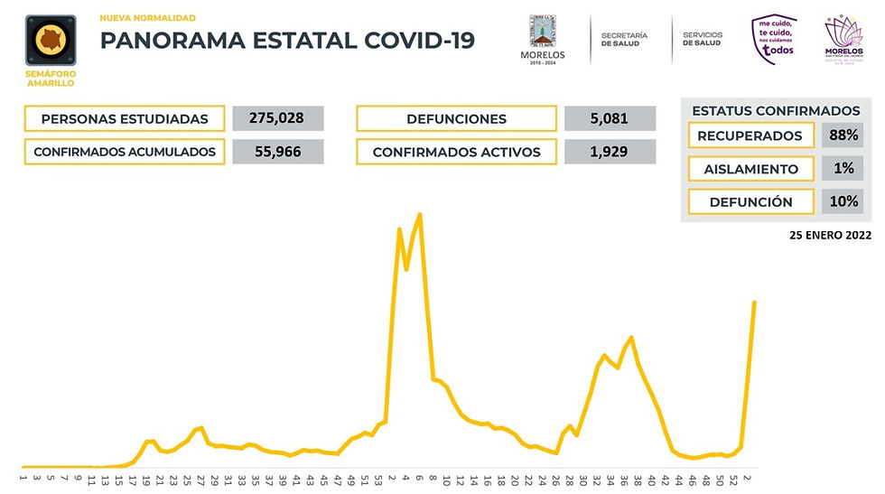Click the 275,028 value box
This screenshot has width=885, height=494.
(x=278, y=118)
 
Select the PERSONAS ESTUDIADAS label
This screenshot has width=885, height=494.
(x=125, y=119)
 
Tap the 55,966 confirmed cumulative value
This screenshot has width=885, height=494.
(x=278, y=152)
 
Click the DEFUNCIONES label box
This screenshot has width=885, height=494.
(x=456, y=119)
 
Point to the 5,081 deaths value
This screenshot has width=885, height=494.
(x=610, y=118)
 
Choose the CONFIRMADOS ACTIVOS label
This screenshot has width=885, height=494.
(x=456, y=152)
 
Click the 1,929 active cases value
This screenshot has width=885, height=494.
(x=610, y=152)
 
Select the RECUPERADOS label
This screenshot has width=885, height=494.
(x=750, y=135)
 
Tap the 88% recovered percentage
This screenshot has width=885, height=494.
(x=842, y=135)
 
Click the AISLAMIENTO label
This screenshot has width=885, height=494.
(x=750, y=169)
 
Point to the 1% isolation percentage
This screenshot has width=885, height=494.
(x=842, y=169)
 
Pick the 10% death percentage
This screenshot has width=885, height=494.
(x=842, y=201)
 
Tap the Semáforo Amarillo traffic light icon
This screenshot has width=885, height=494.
(x=51, y=41)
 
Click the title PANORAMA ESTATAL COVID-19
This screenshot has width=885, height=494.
(x=286, y=41)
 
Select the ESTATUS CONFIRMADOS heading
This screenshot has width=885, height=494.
(x=775, y=110)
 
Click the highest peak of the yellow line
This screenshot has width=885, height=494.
(x=420, y=215)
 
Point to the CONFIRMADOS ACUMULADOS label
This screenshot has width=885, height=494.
(x=125, y=152)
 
